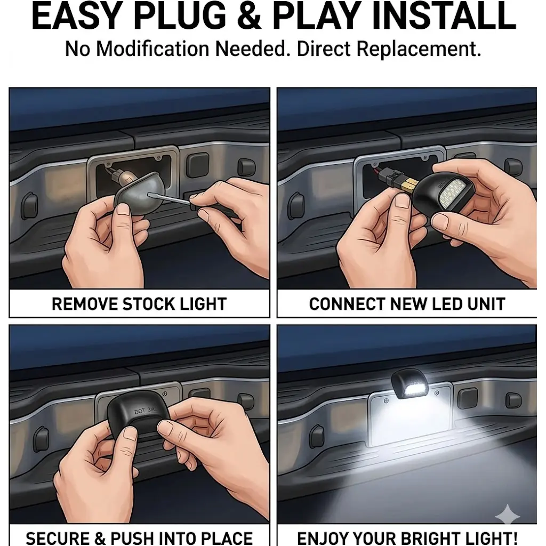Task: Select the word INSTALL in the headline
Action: coord(444,16)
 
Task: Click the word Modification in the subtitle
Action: coord(152,49)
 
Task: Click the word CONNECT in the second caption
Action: coord(348,303)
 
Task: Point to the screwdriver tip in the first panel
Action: coord(149,194)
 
